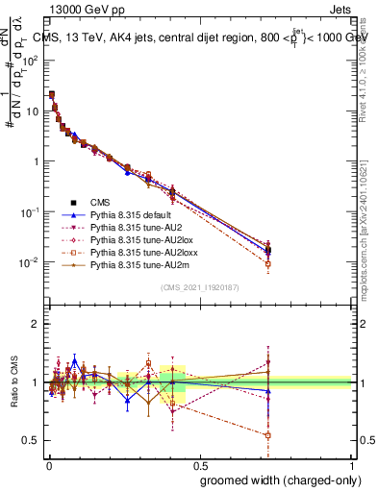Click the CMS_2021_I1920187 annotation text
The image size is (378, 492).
pos(199,287)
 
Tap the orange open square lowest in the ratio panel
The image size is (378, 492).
pos(268,435)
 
